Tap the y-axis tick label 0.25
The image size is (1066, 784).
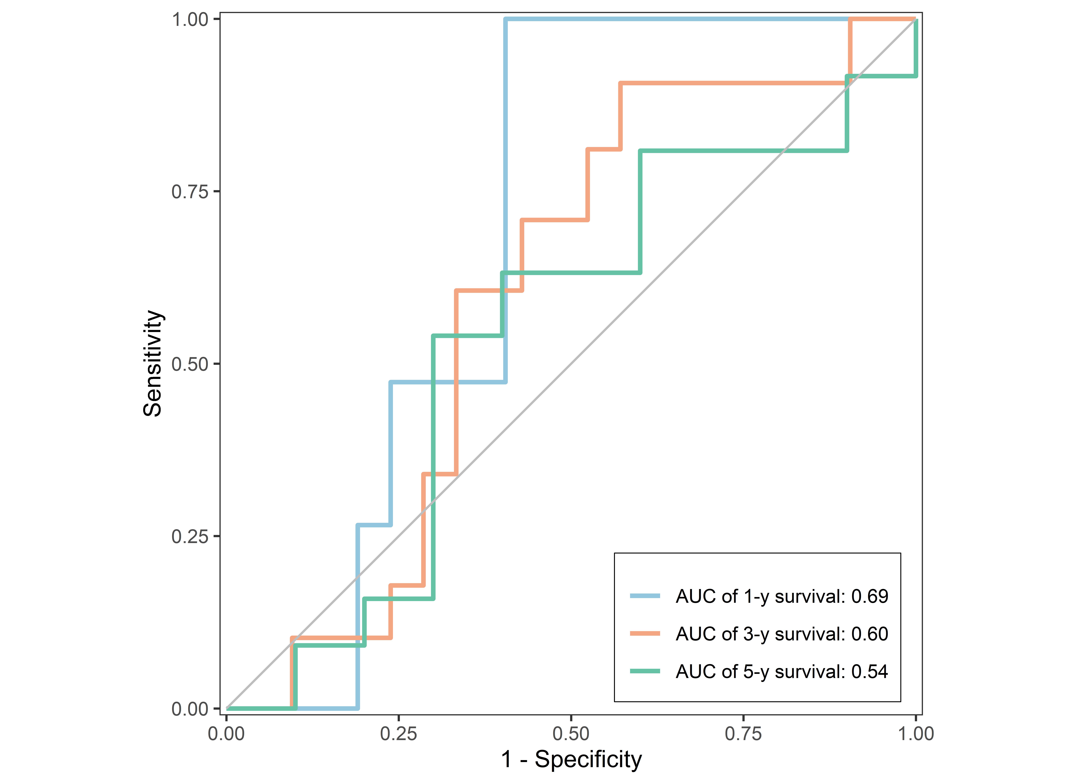190,537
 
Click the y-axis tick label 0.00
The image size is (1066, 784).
190,709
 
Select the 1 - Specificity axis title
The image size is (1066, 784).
571,760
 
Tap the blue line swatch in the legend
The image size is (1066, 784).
645,596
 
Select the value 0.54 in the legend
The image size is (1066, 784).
870,671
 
